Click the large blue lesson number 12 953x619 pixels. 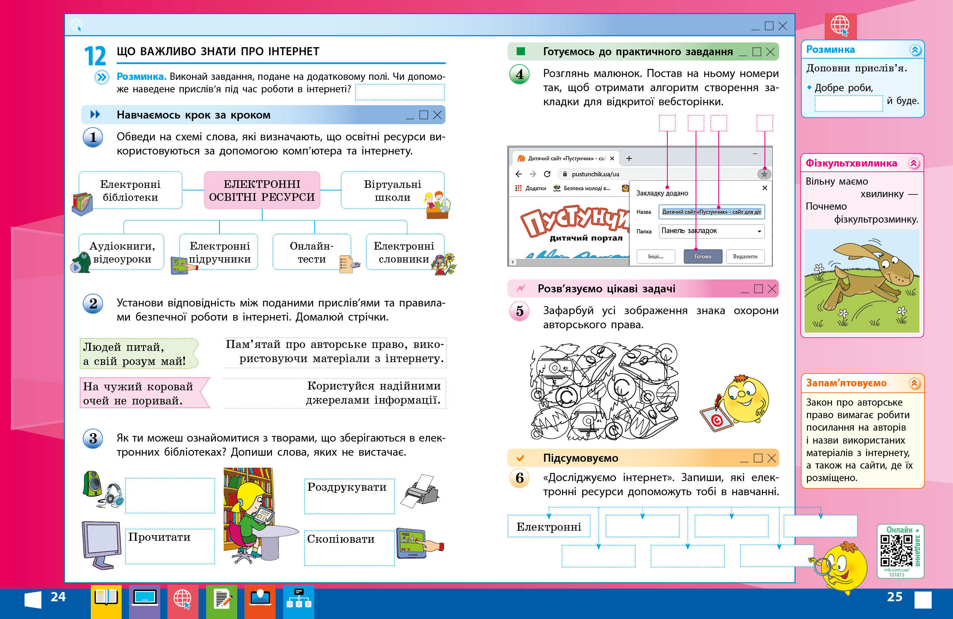click(x=95, y=56)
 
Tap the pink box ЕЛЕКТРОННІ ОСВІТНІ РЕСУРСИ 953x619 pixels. click(x=262, y=190)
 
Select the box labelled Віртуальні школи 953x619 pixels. click(x=392, y=190)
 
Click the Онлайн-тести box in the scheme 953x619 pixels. click(x=311, y=252)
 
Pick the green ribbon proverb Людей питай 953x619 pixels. click(x=137, y=354)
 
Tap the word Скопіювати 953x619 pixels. click(x=341, y=539)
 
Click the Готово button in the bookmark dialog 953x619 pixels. click(x=702, y=256)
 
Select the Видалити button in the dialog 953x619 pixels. click(x=745, y=256)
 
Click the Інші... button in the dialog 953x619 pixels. click(x=656, y=256)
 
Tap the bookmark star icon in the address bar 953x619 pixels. click(x=764, y=174)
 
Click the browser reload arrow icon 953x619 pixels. click(x=547, y=174)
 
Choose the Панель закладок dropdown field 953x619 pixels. click(x=711, y=231)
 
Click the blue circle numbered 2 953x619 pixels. click(x=93, y=304)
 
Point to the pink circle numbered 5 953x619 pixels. click(x=520, y=311)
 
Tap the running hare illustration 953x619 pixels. click(x=863, y=278)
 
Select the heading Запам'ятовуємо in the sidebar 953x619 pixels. click(x=846, y=383)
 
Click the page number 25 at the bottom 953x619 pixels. click(x=894, y=597)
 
